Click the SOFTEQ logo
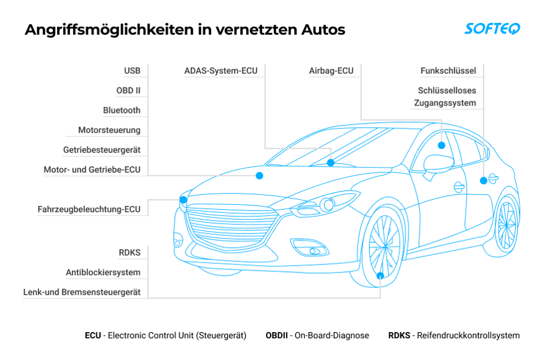point(492,29)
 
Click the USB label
point(132,71)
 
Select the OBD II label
point(128,91)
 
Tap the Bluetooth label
point(122,110)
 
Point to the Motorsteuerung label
point(109,130)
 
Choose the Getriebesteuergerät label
point(102,150)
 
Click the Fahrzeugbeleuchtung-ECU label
point(89,210)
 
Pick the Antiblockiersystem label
point(103,272)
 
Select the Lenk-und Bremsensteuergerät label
point(82,292)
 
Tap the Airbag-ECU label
point(331,71)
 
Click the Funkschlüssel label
point(448,71)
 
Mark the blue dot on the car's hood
point(259,176)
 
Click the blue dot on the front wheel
point(381,276)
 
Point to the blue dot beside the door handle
point(483,181)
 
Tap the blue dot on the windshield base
point(331,163)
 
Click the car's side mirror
point(436,164)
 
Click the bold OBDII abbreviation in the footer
point(276,336)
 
